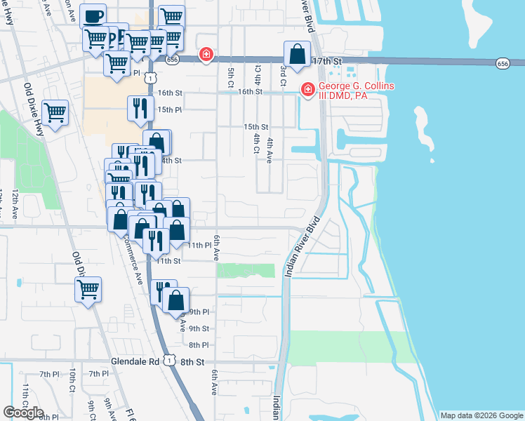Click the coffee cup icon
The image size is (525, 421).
(92, 15)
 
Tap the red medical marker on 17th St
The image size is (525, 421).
(206, 54)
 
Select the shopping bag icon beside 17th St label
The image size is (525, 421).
(298, 54)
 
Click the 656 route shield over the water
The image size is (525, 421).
(503, 64)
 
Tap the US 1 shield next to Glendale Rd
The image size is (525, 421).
(168, 360)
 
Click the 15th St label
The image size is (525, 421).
(256, 126)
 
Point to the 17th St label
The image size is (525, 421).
(328, 62)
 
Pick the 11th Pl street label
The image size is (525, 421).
(199, 245)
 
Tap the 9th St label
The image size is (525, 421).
(199, 328)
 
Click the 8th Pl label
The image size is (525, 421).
(199, 345)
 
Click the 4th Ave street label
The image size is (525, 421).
(269, 150)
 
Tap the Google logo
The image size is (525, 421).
(23, 413)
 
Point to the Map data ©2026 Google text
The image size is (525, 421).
(481, 415)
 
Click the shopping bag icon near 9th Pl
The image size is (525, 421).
(175, 300)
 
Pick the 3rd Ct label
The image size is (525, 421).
(283, 72)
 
